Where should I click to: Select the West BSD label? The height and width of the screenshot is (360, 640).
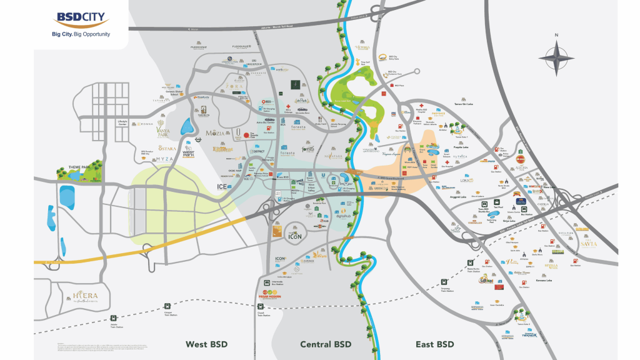pyautogui.click(x=206, y=344)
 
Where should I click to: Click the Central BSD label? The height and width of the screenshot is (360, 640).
pyautogui.click(x=326, y=344)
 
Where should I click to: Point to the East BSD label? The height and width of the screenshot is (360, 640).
pyautogui.click(x=434, y=344)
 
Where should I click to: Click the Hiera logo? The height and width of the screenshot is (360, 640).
pyautogui.click(x=85, y=296)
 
